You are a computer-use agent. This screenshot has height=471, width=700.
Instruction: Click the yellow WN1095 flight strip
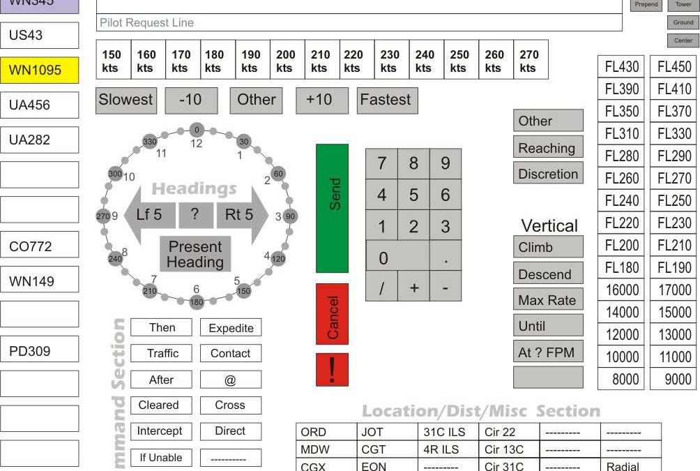[x=40, y=70]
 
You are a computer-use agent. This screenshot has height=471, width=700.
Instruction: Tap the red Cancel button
[x=332, y=314]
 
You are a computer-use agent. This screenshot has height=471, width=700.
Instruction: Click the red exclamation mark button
[x=332, y=369]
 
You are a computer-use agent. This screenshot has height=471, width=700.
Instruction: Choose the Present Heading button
[x=195, y=255]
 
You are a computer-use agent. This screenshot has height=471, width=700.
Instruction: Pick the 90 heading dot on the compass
[x=291, y=216]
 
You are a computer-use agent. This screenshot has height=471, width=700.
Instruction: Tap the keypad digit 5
[x=413, y=195]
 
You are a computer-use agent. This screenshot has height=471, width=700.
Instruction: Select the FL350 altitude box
[x=621, y=112]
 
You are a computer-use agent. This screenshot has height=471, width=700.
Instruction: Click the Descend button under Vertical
[x=548, y=274]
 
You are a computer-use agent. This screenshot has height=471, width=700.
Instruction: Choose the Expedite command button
[x=231, y=328]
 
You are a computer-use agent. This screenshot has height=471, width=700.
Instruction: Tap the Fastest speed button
[x=386, y=100]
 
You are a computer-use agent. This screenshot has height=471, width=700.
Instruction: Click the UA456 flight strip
[x=40, y=105]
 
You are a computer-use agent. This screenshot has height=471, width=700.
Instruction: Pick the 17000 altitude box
[x=674, y=290]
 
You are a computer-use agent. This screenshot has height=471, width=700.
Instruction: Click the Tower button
[x=683, y=5]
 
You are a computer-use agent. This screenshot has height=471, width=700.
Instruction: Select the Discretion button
[x=548, y=174]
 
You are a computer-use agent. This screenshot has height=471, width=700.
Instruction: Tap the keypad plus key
[x=413, y=287]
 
